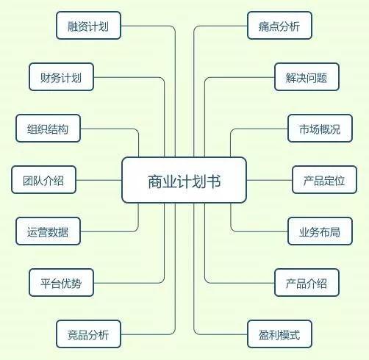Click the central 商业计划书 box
[184, 180]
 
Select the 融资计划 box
[88, 26]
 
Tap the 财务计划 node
[61, 77]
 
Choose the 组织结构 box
[48, 129]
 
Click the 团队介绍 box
[43, 180]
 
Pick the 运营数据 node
[48, 231]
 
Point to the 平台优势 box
[61, 283]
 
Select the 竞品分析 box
[88, 334]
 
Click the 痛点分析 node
[279, 26]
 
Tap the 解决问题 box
[307, 77]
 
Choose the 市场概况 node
[320, 129]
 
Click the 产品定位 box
[324, 180]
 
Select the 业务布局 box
[320, 231]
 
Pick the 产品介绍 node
[307, 283]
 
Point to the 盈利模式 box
[279, 334]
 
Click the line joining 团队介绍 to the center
[99, 180]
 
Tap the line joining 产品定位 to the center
[269, 180]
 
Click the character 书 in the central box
[213, 181]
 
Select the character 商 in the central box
[155, 181]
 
